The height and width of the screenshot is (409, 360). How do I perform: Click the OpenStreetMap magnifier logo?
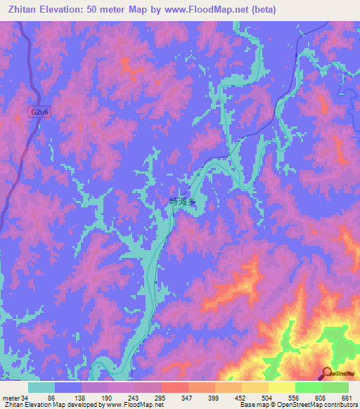coord(326,373)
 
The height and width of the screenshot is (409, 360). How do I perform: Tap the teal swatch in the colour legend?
coord(41,387)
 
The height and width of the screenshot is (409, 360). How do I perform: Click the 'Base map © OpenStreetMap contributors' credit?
coord(299,405)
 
